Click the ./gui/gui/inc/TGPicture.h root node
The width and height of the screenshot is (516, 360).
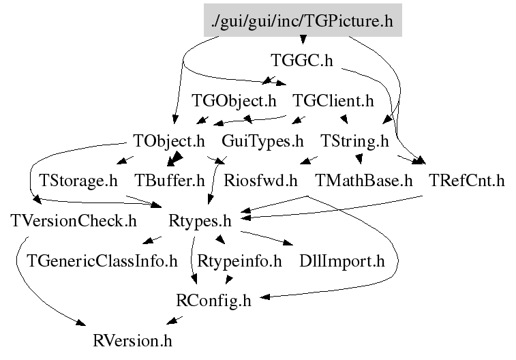[303, 21]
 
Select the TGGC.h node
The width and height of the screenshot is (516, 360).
[301, 61]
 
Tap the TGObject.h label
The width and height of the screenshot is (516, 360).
[234, 102]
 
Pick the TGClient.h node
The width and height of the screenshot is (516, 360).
[333, 102]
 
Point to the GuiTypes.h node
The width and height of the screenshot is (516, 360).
[262, 142]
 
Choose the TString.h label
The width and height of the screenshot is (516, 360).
[354, 142]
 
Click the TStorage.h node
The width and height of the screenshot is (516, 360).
[78, 181]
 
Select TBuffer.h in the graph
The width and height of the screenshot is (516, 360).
[169, 181]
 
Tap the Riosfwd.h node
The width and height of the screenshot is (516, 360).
[260, 181]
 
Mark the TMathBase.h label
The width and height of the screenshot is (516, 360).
[364, 181]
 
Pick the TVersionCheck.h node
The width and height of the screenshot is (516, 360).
[74, 221]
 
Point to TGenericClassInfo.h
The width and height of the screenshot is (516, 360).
[102, 260]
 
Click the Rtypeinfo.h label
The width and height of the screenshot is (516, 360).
[239, 260]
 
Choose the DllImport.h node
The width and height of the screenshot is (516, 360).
[342, 260]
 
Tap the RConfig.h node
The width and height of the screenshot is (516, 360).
[213, 300]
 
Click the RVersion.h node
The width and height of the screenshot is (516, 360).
[133, 340]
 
